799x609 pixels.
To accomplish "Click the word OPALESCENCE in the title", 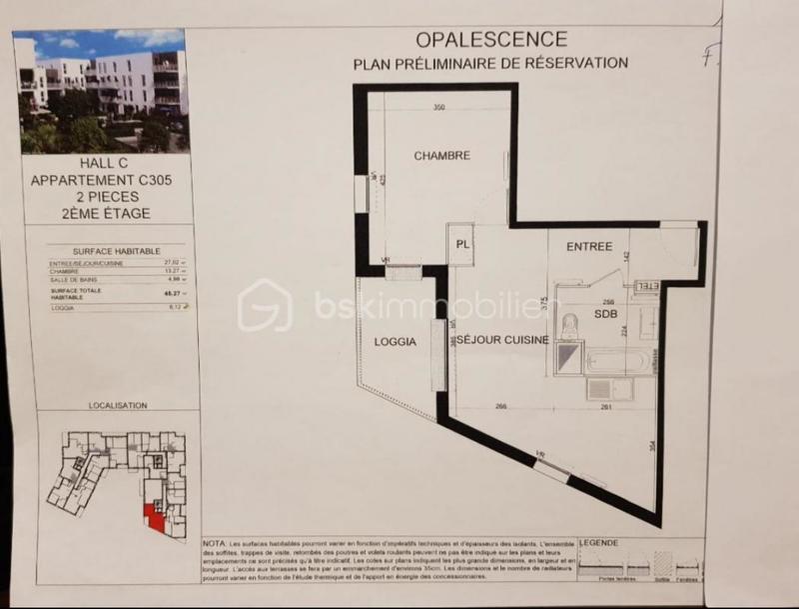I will pyautogui.click(x=490, y=40).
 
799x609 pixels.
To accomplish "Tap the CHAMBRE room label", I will pyautogui.click(x=441, y=156).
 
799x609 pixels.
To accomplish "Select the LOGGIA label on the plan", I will pyautogui.click(x=394, y=342).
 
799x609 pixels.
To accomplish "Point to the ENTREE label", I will pyautogui.click(x=588, y=247).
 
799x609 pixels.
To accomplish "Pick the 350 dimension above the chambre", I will pyautogui.click(x=439, y=108).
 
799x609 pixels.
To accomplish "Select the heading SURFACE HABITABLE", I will pyautogui.click(x=110, y=251).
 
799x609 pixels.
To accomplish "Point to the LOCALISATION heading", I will pyautogui.click(x=118, y=406).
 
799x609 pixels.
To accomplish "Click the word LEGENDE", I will pyautogui.click(x=599, y=542).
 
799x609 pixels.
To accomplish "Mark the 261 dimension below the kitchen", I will pyautogui.click(x=619, y=407).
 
